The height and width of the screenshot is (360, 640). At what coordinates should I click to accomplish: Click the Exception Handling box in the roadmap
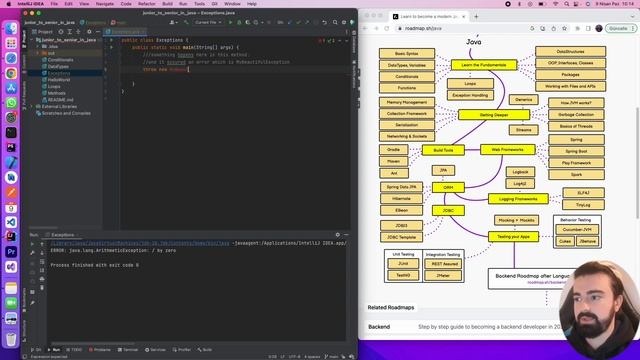tap(469, 95)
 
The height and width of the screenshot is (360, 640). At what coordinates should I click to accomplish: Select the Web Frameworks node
tap(504, 149)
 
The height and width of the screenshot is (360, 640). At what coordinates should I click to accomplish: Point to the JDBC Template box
tap(400, 236)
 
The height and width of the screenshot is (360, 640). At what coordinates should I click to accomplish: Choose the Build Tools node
tap(443, 150)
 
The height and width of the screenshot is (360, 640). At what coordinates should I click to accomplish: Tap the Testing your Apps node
tap(511, 236)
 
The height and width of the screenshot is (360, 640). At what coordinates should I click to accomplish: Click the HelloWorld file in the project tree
tap(59, 79)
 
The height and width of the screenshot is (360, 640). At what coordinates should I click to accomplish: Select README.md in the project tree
tap(61, 99)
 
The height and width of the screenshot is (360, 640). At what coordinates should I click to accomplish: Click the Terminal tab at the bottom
tap(129, 349)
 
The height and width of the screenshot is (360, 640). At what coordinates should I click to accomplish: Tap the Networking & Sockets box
tap(407, 136)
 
